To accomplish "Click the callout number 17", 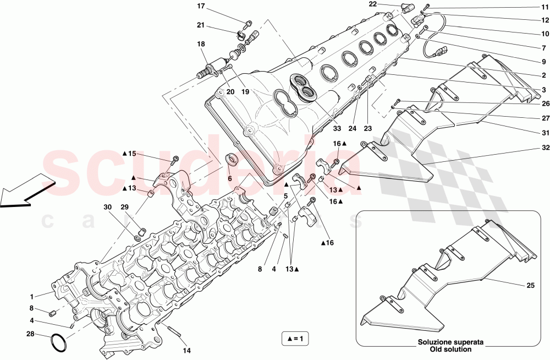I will tap(201, 6).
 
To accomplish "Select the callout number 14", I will tap(186, 350).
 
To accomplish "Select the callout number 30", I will tap(108, 207).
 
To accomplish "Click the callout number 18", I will tap(201, 44).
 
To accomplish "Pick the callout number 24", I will tap(353, 129).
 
